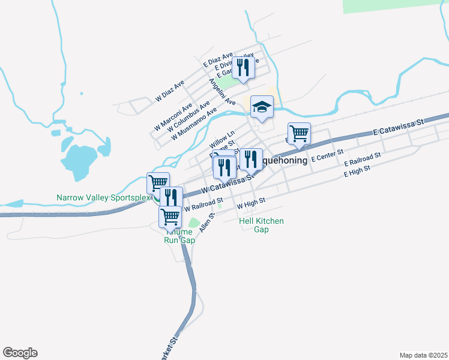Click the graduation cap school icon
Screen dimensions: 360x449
coord(262,107)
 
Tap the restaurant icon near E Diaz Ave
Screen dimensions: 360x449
coord(243,67)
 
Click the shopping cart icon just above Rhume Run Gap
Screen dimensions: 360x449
coord(170,216)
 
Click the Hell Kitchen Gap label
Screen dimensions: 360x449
coord(261,225)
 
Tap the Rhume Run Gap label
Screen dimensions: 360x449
coord(180,236)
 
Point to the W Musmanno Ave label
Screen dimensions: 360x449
coord(193,124)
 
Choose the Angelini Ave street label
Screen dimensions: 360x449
coord(222,92)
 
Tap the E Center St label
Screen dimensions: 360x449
coord(327,157)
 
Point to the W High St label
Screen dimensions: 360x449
coord(251,205)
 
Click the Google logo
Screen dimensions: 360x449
coord(20,353)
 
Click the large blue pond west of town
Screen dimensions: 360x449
coord(79,158)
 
